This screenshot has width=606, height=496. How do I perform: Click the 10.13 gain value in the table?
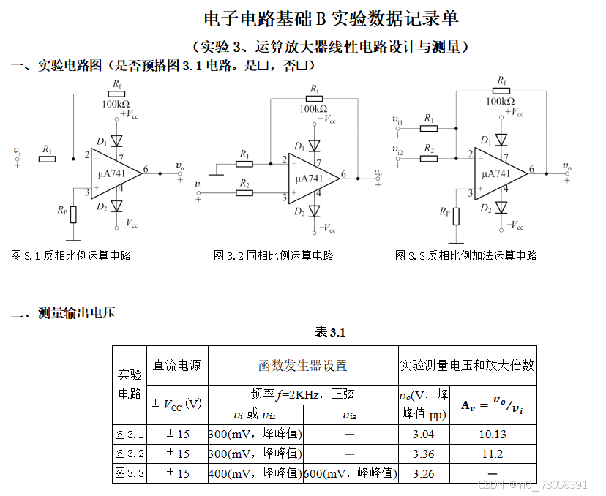(493, 434)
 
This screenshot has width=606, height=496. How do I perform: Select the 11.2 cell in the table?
(493, 454)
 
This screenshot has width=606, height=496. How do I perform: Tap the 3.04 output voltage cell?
(423, 434)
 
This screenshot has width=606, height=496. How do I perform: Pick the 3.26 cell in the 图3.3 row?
(423, 473)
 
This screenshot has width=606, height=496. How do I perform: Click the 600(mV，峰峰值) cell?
(350, 473)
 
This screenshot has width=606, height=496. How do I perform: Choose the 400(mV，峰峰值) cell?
(255, 473)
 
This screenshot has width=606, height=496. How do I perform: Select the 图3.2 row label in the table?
(130, 454)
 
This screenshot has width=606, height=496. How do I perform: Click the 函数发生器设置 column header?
(302, 365)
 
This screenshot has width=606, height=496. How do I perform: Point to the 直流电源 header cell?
(176, 365)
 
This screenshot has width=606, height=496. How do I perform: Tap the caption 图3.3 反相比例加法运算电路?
(465, 255)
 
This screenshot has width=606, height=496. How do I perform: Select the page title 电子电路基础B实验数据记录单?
(331, 18)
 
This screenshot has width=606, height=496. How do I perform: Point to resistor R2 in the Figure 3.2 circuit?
(244, 193)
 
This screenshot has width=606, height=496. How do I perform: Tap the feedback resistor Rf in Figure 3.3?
(501, 91)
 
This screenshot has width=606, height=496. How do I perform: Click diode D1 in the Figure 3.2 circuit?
(315, 146)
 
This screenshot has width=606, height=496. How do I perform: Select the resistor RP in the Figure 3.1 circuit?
(72, 214)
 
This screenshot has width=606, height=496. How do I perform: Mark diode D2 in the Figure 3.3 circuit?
(501, 208)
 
